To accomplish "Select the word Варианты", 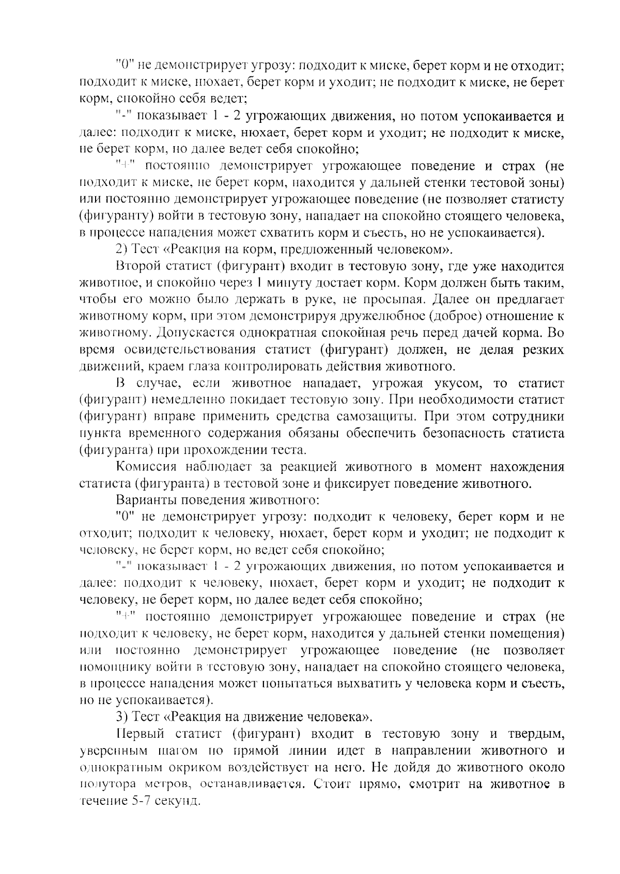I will tap(146, 500).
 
